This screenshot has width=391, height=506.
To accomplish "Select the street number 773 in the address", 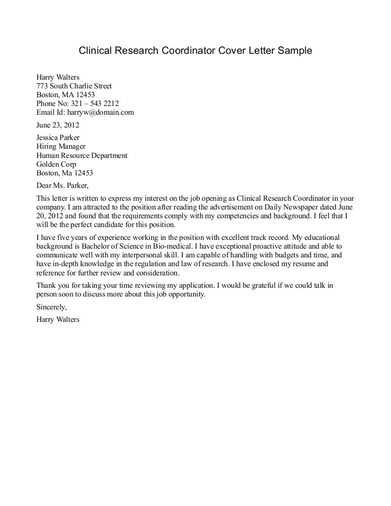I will tap(43, 86).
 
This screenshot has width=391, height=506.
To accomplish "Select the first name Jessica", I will tap(48, 138).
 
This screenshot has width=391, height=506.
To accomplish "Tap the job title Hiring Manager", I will tap(61, 147).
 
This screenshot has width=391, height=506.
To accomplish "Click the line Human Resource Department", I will tap(82, 155).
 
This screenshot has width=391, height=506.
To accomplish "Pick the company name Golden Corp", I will tap(56, 164).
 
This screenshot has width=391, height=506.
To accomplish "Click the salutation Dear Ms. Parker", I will tap(63, 186).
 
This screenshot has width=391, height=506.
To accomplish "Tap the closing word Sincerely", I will tap(51, 307).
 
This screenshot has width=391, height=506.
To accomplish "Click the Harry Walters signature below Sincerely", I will tap(58, 320).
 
